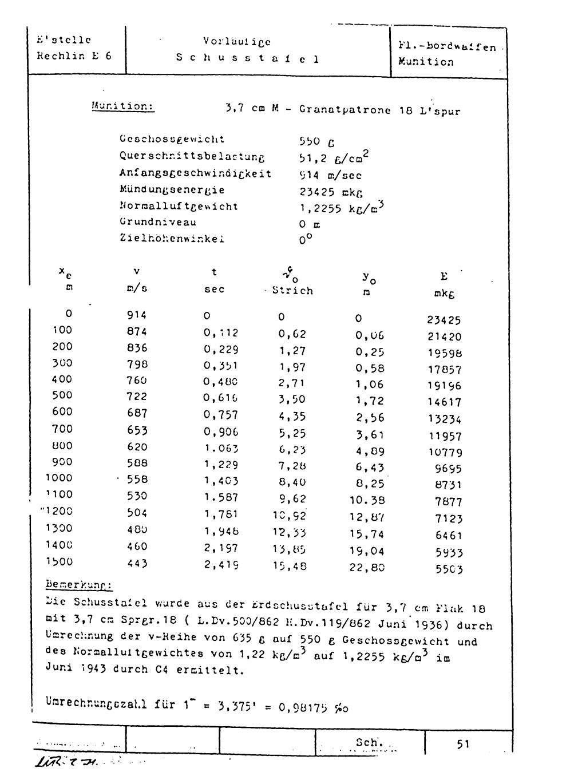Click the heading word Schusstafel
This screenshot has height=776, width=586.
247,58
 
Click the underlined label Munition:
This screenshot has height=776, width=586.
122,106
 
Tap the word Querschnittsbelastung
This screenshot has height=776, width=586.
192,156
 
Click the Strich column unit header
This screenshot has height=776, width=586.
292,291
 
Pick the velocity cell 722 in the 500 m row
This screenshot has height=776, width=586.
137,396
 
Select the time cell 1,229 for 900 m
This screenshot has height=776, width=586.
221,465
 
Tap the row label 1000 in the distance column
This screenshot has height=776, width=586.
60,478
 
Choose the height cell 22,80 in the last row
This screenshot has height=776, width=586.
367,568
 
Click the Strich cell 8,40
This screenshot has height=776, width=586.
292,482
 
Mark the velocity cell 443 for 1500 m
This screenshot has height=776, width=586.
137,563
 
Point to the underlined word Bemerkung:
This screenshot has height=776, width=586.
79,585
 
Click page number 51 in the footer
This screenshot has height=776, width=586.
464,744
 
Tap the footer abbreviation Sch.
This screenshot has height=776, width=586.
366,742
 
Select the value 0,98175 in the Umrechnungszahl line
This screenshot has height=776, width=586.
303,707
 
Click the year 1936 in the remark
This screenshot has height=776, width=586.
429,625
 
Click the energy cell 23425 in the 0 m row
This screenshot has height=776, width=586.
444,320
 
